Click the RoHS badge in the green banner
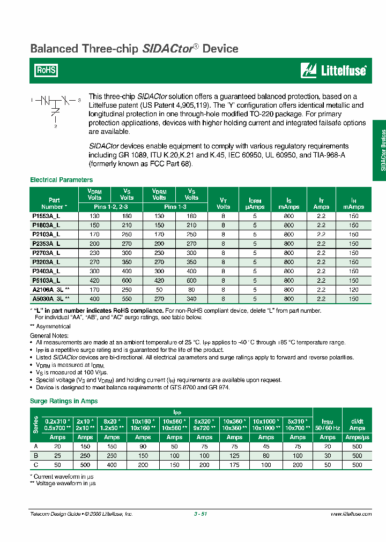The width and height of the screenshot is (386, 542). click(x=46, y=70)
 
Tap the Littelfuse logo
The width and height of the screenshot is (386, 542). click(x=333, y=70)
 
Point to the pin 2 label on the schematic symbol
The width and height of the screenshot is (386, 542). click(x=55, y=127)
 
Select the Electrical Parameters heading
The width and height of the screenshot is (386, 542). click(x=61, y=180)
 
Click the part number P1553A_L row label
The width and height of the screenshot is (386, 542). click(x=47, y=216)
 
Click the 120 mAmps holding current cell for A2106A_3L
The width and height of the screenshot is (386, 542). click(x=353, y=289)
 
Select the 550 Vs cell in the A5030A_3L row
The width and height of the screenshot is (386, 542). click(x=127, y=298)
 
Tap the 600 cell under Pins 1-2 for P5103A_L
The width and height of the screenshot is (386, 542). click(x=127, y=280)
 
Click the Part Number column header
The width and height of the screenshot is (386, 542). click(x=54, y=202)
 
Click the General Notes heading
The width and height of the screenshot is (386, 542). click(x=48, y=335)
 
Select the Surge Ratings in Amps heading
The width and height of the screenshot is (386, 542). click(x=64, y=401)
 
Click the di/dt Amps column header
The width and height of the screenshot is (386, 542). click(x=357, y=425)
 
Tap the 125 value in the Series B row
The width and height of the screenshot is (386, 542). click(x=234, y=456)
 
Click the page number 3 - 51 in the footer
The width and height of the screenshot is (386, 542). click(x=201, y=514)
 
